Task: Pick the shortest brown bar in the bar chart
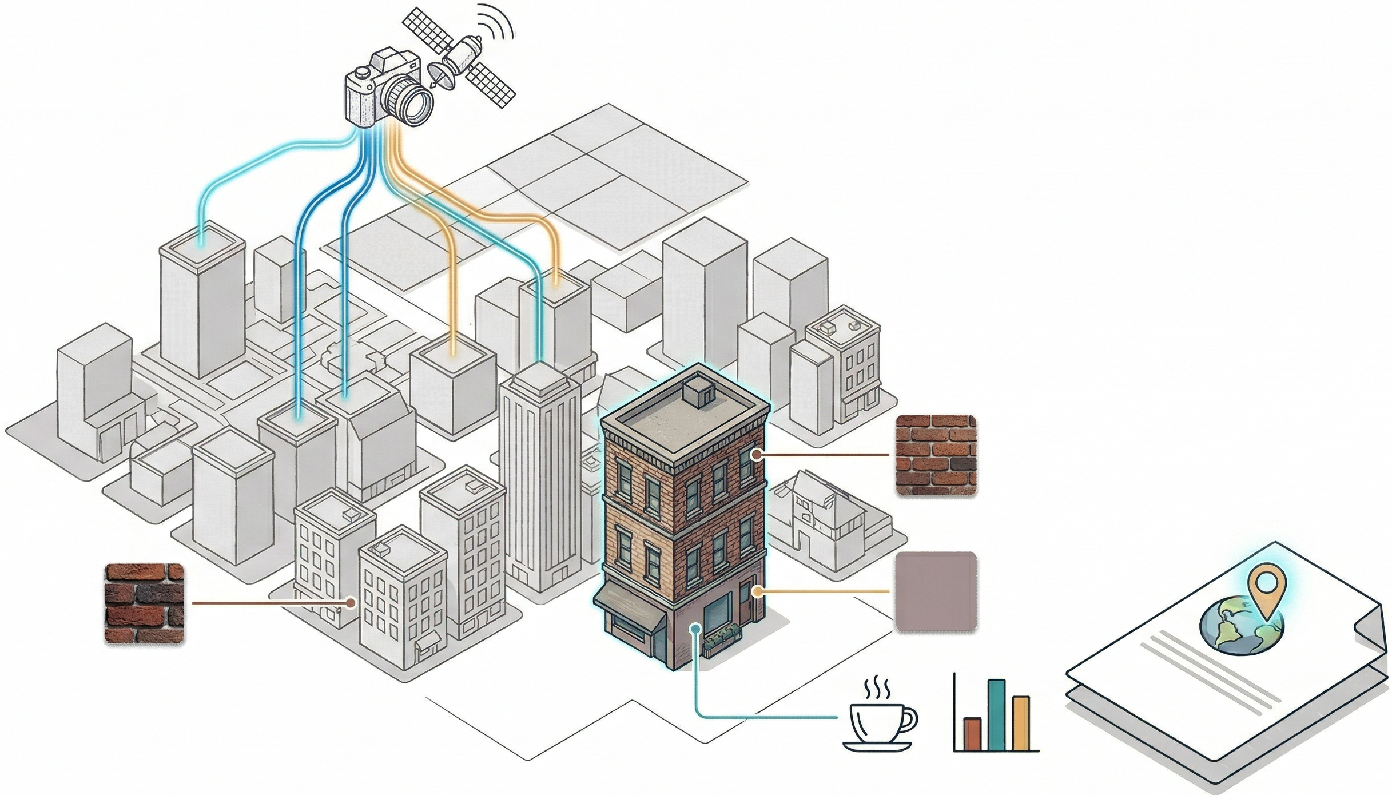[972, 733]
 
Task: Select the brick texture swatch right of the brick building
[936, 455]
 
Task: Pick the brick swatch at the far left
[145, 604]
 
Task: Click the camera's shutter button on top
[361, 72]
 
